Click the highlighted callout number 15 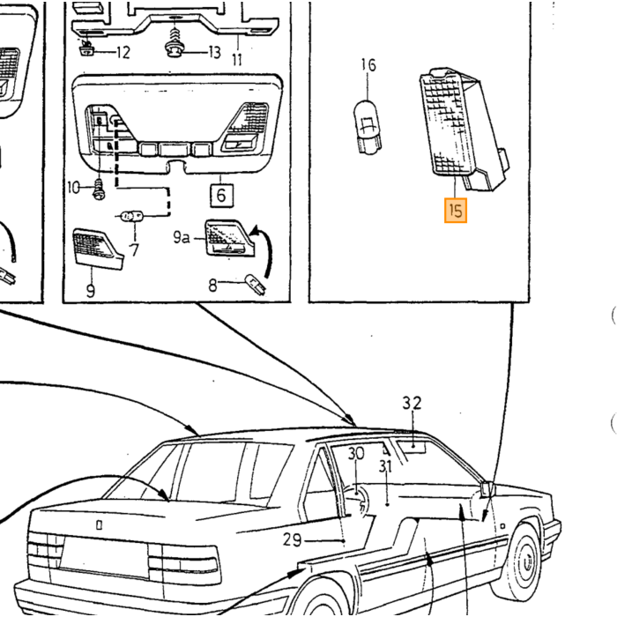point(456,211)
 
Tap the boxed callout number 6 point(221,195)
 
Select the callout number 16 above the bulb point(368,65)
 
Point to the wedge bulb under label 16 point(368,128)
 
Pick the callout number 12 point(123,52)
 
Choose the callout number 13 point(214,52)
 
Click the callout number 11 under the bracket point(237,60)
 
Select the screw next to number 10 point(99,190)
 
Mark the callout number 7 point(135,250)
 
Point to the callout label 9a point(182,237)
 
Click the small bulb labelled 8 point(256,285)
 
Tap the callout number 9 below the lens point(91,291)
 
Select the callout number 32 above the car point(412,403)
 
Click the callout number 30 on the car point(356,454)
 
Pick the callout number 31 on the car point(386,466)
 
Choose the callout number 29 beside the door point(292,539)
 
